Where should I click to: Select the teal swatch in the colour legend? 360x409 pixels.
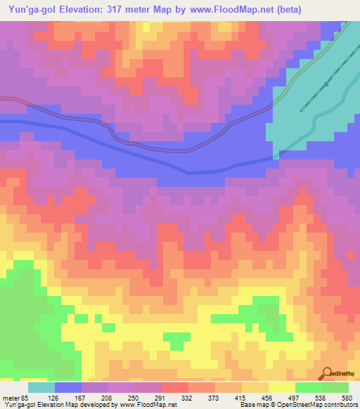click(x=41, y=387)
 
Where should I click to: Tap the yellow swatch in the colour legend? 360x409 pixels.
click(x=281, y=387)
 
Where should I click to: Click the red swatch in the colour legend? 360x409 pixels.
click(x=174, y=387)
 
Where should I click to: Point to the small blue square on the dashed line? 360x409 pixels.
click(x=326, y=84)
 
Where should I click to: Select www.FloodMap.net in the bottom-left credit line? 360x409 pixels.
click(x=148, y=405)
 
